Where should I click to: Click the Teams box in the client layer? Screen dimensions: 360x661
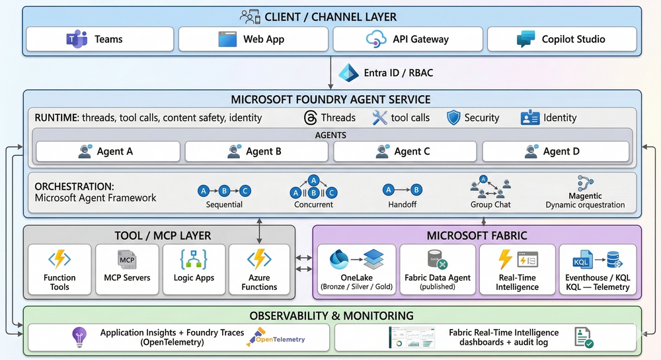[99, 39]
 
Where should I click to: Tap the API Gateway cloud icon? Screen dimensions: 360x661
[376, 39]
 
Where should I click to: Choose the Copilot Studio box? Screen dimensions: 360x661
[562, 39]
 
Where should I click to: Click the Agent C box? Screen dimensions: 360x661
[407, 151]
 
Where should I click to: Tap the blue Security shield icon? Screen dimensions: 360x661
[453, 118]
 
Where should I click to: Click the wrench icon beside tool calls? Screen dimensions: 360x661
[379, 118]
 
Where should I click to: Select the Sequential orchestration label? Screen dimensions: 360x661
[224, 205]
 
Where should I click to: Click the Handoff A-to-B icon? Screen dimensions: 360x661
[403, 190]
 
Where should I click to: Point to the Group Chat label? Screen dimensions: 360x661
[490, 205]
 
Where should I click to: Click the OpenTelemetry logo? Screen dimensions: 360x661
[276, 339]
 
